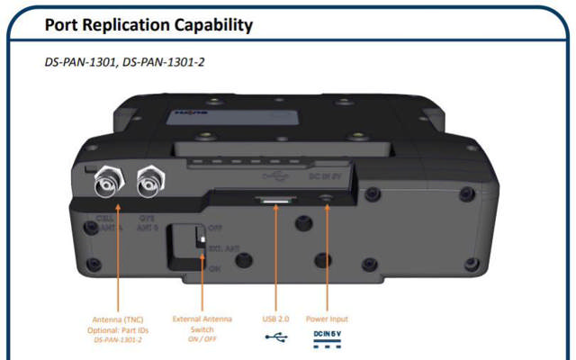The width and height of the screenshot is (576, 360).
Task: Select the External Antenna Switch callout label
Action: [x=202, y=324]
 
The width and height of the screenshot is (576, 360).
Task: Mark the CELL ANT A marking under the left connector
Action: [x=111, y=223]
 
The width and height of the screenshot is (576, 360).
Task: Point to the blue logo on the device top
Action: [x=184, y=114]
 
